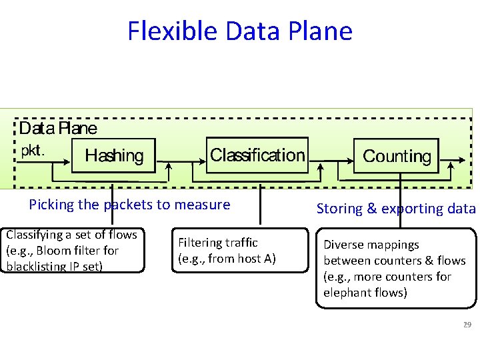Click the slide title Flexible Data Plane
(x=240, y=31)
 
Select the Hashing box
(x=114, y=155)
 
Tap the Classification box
(x=257, y=155)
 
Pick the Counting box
(x=397, y=156)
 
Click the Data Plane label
(x=58, y=128)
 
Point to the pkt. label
(x=33, y=150)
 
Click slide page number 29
(x=467, y=325)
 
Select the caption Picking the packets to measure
(x=129, y=205)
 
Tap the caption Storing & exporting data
(x=396, y=209)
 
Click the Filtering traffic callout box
(x=227, y=251)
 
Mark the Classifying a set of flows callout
(x=72, y=251)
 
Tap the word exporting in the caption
(x=405, y=209)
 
